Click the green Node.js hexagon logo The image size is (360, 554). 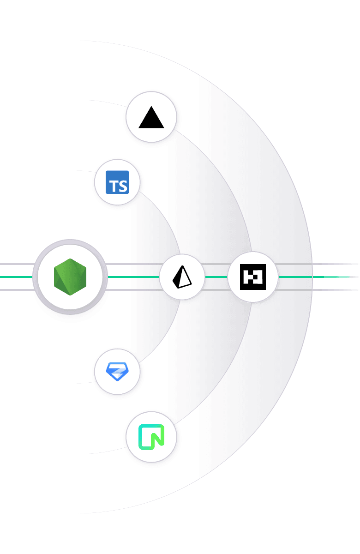tap(70, 277)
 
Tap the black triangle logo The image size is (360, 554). tap(151, 117)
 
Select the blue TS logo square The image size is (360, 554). tap(117, 182)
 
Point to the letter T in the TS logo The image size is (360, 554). tap(112, 186)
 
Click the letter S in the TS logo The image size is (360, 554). tap(122, 186)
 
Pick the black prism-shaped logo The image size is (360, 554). tap(182, 277)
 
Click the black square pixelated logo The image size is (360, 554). tap(253, 277)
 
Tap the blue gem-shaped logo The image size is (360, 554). tap(117, 371)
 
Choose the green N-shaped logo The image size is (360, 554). tap(151, 437)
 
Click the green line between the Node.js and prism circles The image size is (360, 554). tap(134, 277)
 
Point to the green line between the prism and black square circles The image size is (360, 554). tap(217, 277)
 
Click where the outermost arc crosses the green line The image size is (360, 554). tap(312, 277)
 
